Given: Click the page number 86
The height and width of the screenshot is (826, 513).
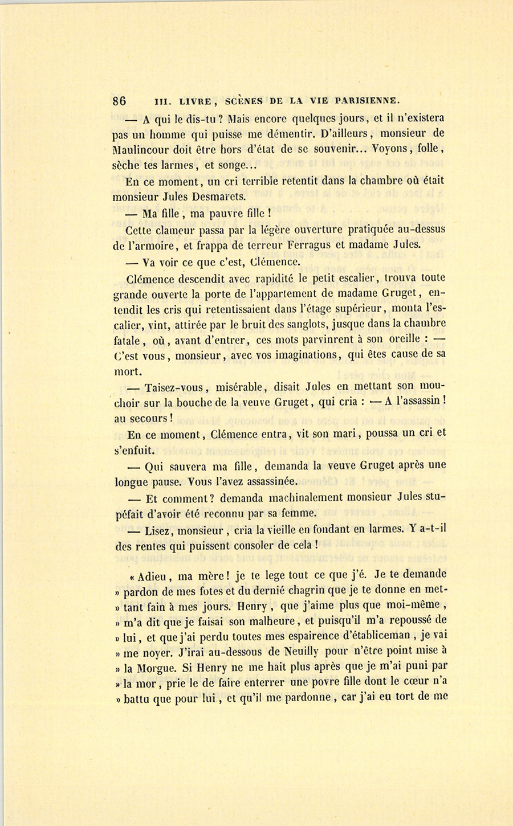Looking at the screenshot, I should (119, 101).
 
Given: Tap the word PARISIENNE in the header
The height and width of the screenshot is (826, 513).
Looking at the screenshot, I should (368, 101).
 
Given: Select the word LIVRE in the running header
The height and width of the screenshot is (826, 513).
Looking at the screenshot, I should (196, 101).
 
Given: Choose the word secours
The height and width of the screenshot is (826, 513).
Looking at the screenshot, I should (150, 418).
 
